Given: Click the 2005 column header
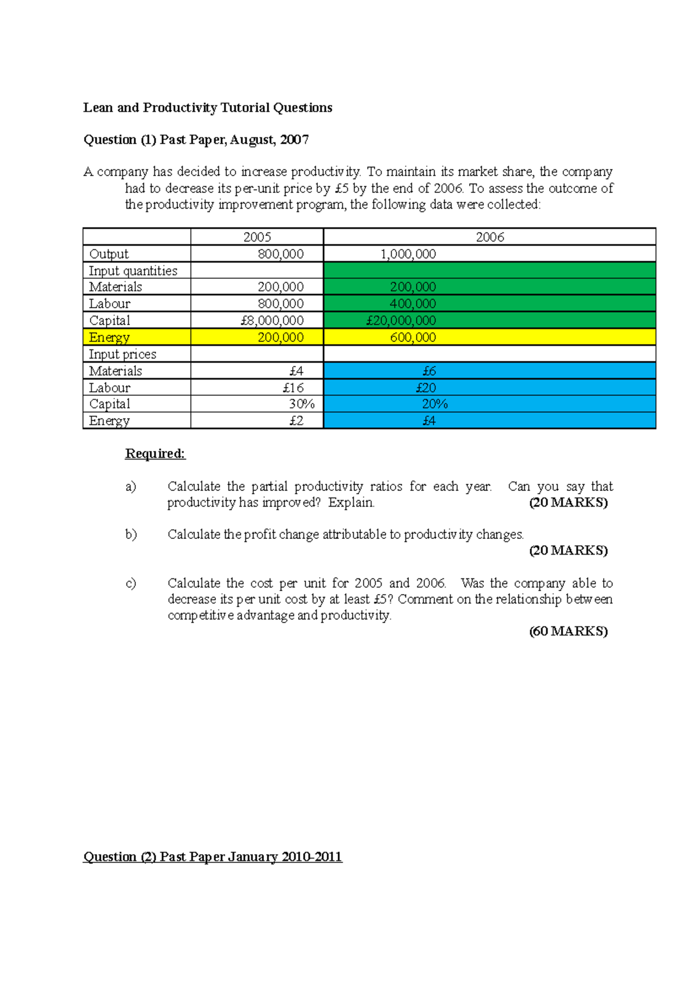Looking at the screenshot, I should click(x=257, y=236).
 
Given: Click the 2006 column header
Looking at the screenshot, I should click(x=490, y=236).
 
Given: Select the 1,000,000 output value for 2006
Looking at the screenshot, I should click(x=408, y=254).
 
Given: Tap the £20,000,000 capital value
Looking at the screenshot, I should click(x=401, y=320).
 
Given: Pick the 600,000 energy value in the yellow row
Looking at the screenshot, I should click(x=412, y=337).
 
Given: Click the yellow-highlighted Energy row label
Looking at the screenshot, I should click(x=109, y=337).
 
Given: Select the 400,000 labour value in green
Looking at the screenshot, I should click(x=412, y=304).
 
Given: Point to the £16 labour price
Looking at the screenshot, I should click(x=293, y=388).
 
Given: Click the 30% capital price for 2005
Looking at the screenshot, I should click(x=302, y=404).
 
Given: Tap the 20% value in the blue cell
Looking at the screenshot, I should click(x=434, y=404).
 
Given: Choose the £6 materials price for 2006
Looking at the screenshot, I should click(x=429, y=371).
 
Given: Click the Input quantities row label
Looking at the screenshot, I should click(x=133, y=271).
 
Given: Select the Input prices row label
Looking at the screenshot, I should click(x=122, y=354).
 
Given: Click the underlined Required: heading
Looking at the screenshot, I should click(x=155, y=453).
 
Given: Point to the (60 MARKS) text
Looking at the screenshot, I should click(x=568, y=631).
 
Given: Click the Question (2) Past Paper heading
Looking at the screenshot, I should click(x=212, y=857).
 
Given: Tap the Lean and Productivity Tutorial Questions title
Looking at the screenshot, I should click(x=208, y=108).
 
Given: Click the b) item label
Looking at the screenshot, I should click(x=131, y=534).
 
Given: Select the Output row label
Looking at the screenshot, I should click(x=109, y=254).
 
